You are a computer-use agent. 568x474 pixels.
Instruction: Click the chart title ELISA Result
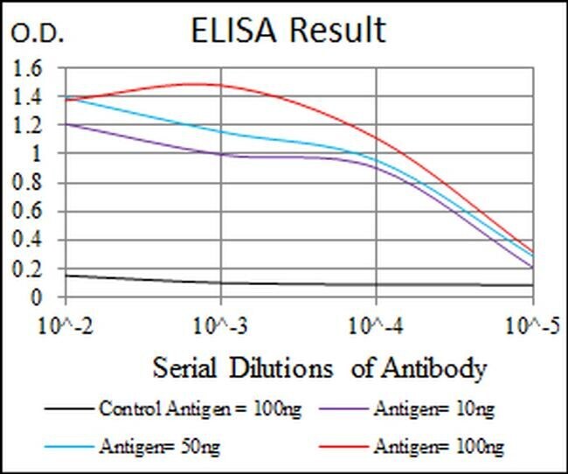coord(287,30)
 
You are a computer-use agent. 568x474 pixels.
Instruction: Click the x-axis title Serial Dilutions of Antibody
coord(318,368)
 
